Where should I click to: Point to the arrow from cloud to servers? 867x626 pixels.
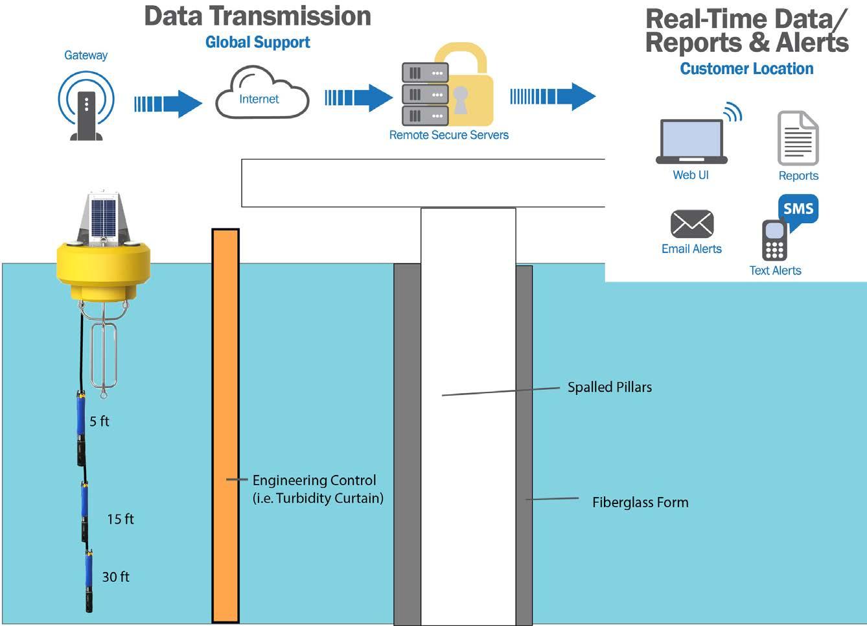358,97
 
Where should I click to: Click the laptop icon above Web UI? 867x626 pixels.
691,141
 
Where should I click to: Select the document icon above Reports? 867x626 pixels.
798,138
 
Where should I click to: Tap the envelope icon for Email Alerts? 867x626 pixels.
691,224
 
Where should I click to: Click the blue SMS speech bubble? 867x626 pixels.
798,210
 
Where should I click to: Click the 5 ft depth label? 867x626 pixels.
99,421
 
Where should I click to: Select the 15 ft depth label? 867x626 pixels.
121,519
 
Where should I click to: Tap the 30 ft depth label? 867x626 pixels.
115,577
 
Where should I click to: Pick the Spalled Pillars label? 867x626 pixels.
609,387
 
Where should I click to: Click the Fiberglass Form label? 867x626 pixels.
640,502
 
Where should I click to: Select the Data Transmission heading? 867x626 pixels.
257,16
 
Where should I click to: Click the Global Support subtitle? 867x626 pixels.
257,42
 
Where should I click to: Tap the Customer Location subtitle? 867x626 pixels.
746,69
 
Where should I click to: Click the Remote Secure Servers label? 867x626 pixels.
448,135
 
